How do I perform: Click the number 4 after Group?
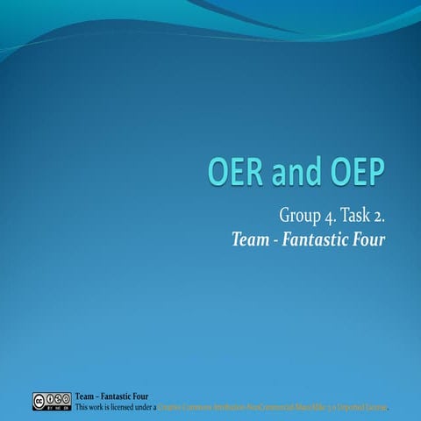pos(328,216)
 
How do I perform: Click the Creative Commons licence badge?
pos(52,401)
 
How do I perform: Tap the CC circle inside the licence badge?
pos(40,399)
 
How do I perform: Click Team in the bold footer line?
pos(86,396)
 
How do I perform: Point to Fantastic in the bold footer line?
pos(118,396)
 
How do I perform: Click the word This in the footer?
pos(83,407)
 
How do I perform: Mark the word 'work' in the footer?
pos(101,407)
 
